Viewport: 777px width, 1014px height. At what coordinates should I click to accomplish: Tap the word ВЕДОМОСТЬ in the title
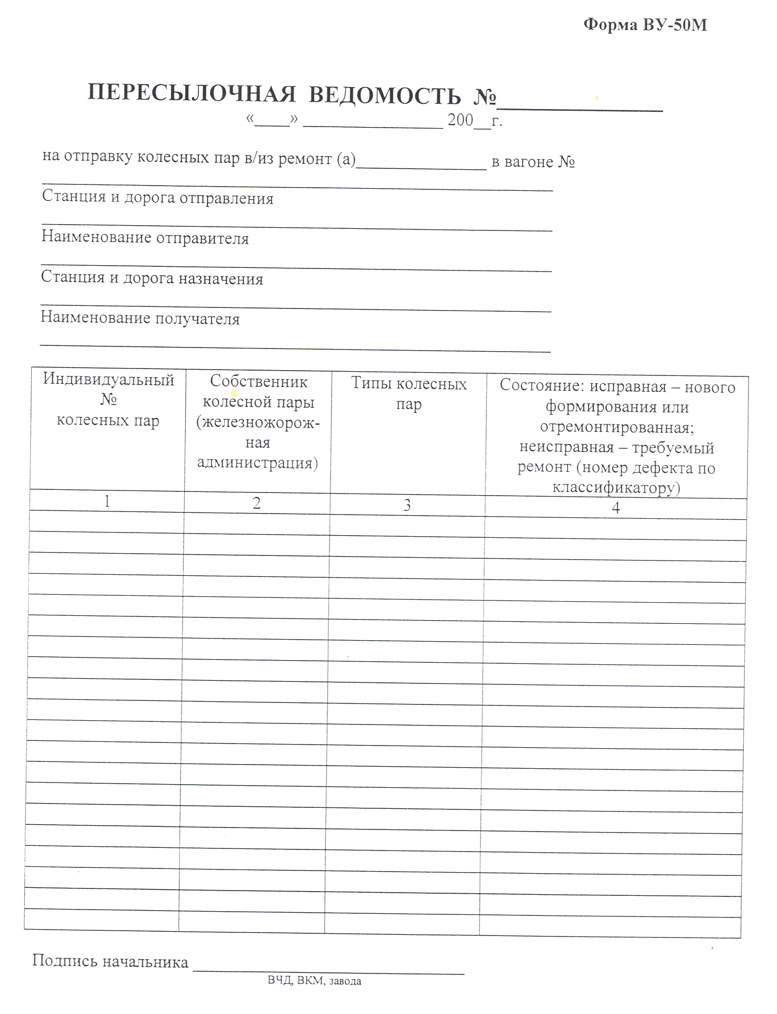[385, 96]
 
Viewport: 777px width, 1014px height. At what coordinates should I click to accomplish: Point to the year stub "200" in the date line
[460, 121]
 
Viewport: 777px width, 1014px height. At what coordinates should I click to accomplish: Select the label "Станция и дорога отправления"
[158, 199]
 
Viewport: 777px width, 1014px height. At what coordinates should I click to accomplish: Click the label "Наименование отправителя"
[145, 238]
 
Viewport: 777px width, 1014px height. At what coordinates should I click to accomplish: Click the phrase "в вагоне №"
[533, 161]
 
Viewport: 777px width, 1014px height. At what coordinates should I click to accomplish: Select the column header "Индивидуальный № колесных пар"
[108, 400]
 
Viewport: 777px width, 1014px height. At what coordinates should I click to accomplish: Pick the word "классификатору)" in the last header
[616, 487]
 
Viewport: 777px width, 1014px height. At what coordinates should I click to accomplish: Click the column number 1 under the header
[107, 501]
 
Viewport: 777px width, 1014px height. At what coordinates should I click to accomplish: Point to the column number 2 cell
[257, 503]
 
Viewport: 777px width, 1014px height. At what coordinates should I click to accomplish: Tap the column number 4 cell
[616, 508]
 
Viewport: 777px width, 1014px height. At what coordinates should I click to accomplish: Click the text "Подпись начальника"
[110, 961]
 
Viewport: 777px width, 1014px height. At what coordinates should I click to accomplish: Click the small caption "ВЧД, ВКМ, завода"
[314, 981]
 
